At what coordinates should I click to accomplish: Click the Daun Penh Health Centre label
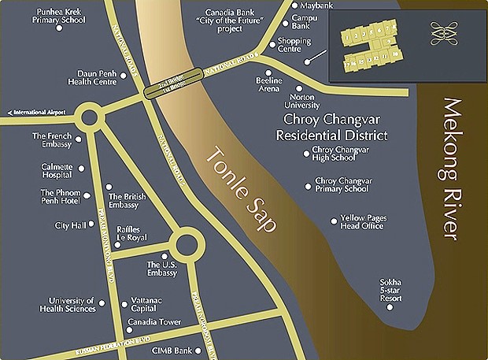tap(96, 76)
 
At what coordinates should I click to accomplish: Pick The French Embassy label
tap(52, 140)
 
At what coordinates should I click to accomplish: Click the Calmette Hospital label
tap(57, 171)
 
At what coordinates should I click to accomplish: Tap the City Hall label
tap(68, 225)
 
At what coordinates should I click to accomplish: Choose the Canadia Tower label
tap(153, 321)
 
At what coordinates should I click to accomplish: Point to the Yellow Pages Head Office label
tap(362, 223)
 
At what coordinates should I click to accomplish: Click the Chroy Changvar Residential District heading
tap(331, 128)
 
